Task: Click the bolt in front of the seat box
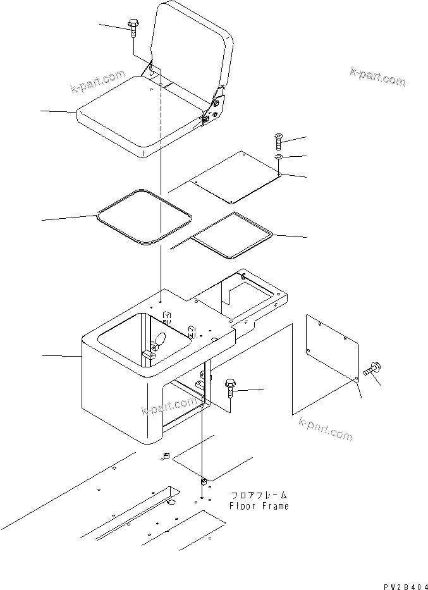coord(231,386)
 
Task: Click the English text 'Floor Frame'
coord(259,506)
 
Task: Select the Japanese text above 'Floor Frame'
coord(259,496)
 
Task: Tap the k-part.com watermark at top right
coord(377,77)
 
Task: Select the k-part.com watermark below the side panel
coord(325,431)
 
